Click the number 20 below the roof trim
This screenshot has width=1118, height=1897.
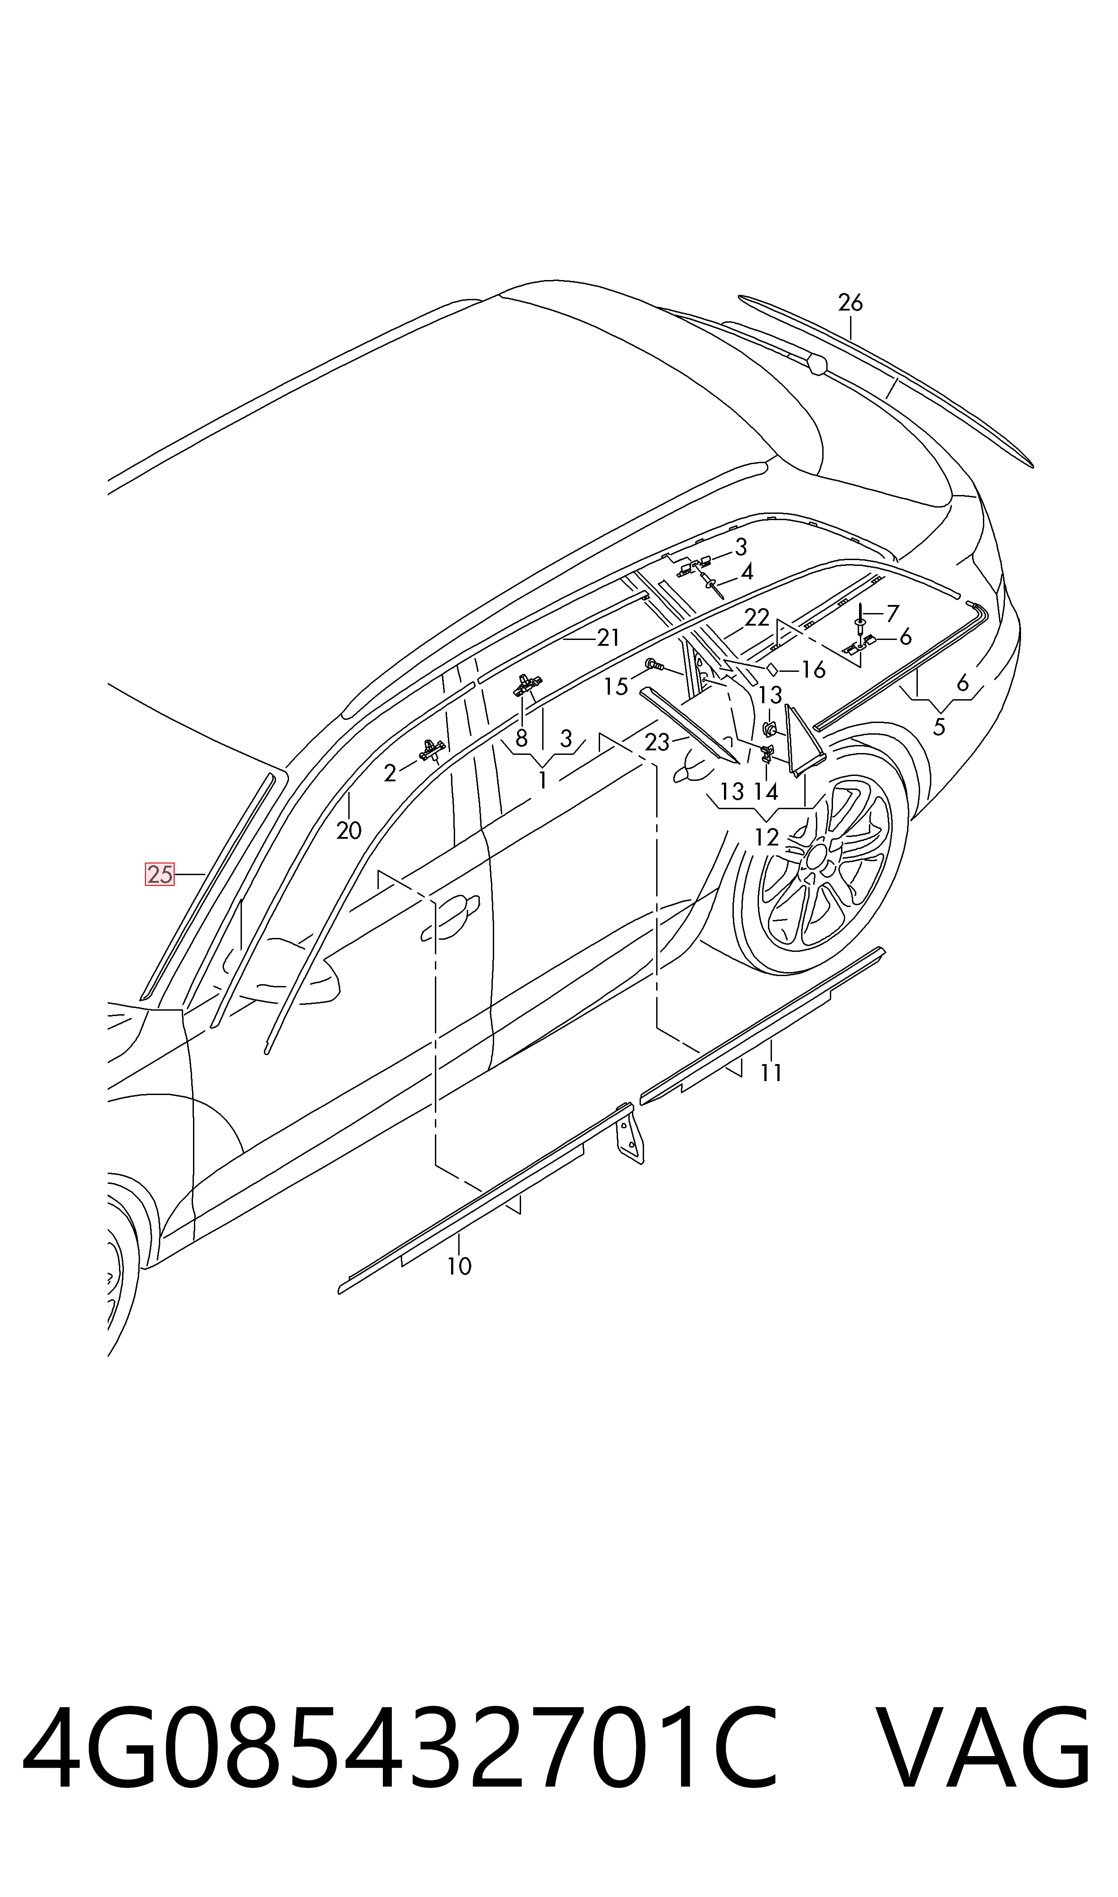click(x=349, y=831)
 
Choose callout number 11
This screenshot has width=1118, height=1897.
click(x=771, y=1073)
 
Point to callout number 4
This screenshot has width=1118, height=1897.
click(x=746, y=572)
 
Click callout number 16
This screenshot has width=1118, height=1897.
click(x=813, y=670)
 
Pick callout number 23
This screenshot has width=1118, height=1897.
click(x=657, y=743)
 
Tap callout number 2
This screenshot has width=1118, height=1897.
click(x=390, y=773)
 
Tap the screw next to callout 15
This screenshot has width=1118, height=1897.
click(x=655, y=665)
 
